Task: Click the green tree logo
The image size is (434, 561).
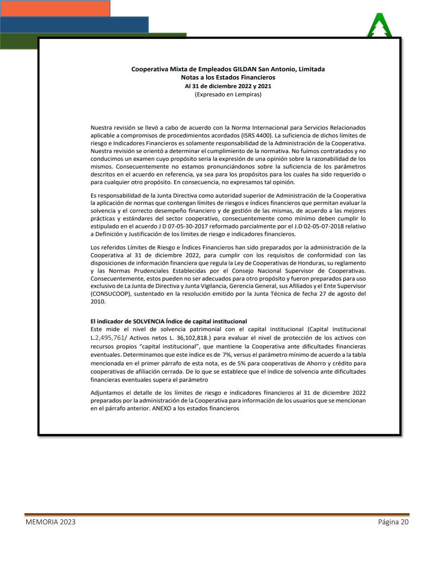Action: coord(379,25)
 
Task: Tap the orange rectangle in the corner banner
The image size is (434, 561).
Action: coord(55,8)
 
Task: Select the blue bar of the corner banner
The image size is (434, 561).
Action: coord(74,24)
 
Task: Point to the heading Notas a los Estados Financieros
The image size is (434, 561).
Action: coord(228,77)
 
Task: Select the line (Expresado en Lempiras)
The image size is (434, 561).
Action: coord(228,94)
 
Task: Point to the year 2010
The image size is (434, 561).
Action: coord(98,301)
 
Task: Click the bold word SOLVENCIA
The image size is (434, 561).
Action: coord(149,321)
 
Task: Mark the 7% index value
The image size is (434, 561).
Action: coord(227,355)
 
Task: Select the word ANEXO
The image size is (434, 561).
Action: coord(162,408)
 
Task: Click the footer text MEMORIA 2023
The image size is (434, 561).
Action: coord(50,522)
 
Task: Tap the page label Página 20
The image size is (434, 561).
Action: coord(393,522)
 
